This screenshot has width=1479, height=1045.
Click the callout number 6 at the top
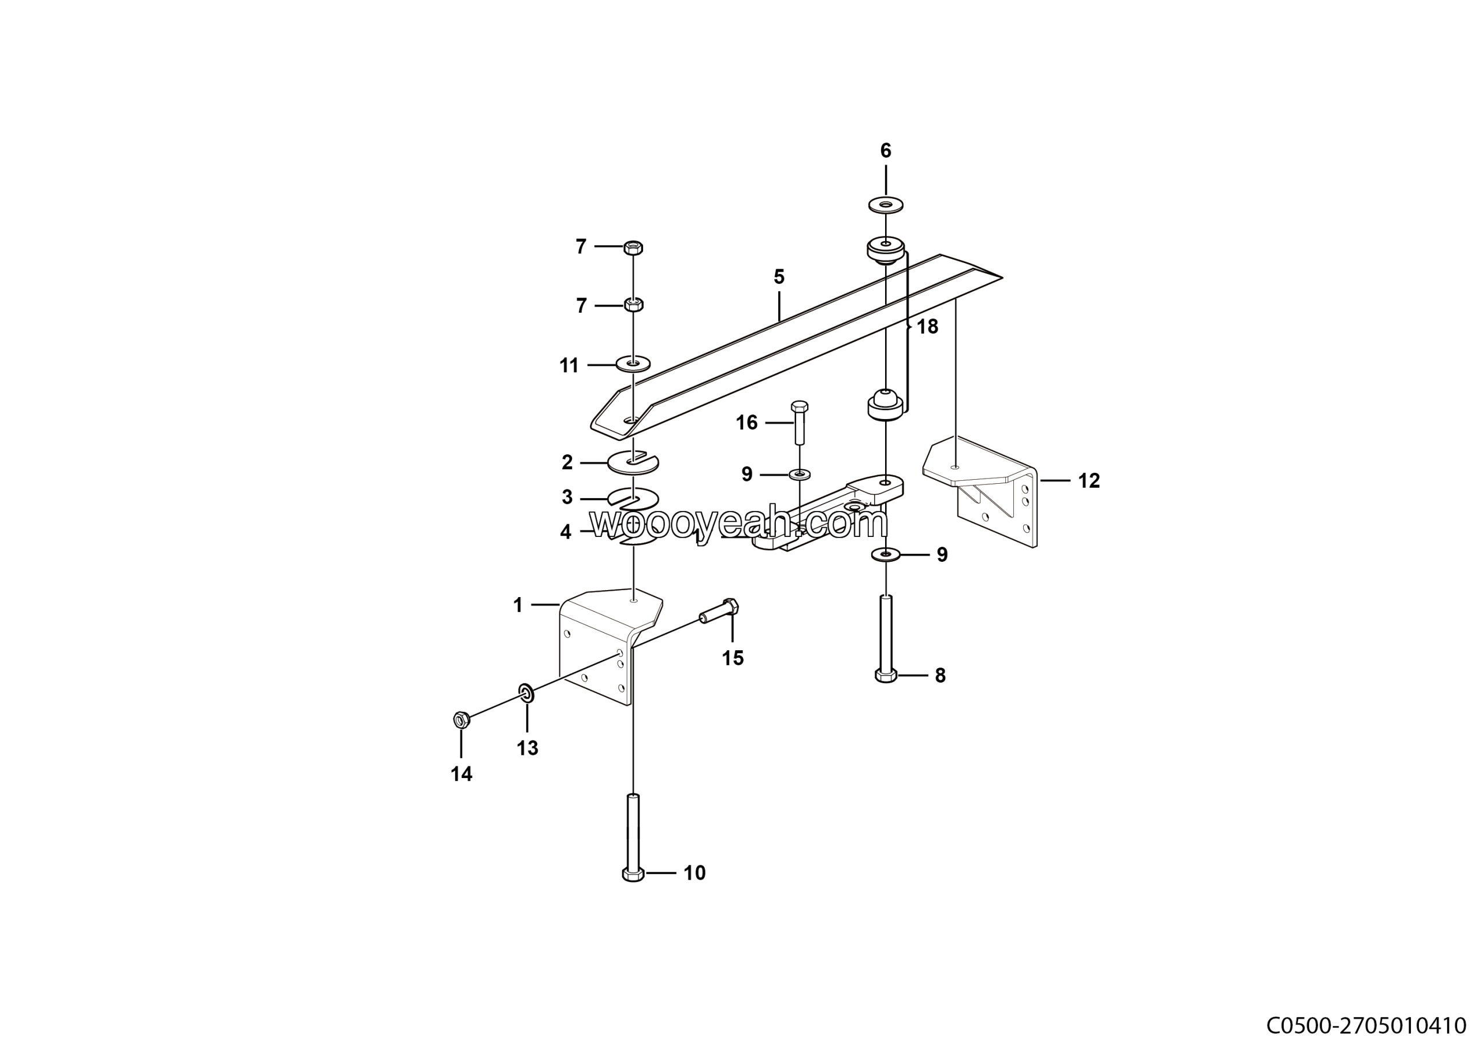886,151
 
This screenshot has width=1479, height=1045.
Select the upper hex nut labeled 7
634,247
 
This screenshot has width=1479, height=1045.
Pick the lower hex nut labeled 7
634,304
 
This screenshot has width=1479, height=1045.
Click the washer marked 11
633,364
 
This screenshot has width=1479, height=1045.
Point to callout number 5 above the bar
779,277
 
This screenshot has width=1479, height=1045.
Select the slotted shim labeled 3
634,498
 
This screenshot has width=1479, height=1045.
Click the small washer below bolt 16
800,475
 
